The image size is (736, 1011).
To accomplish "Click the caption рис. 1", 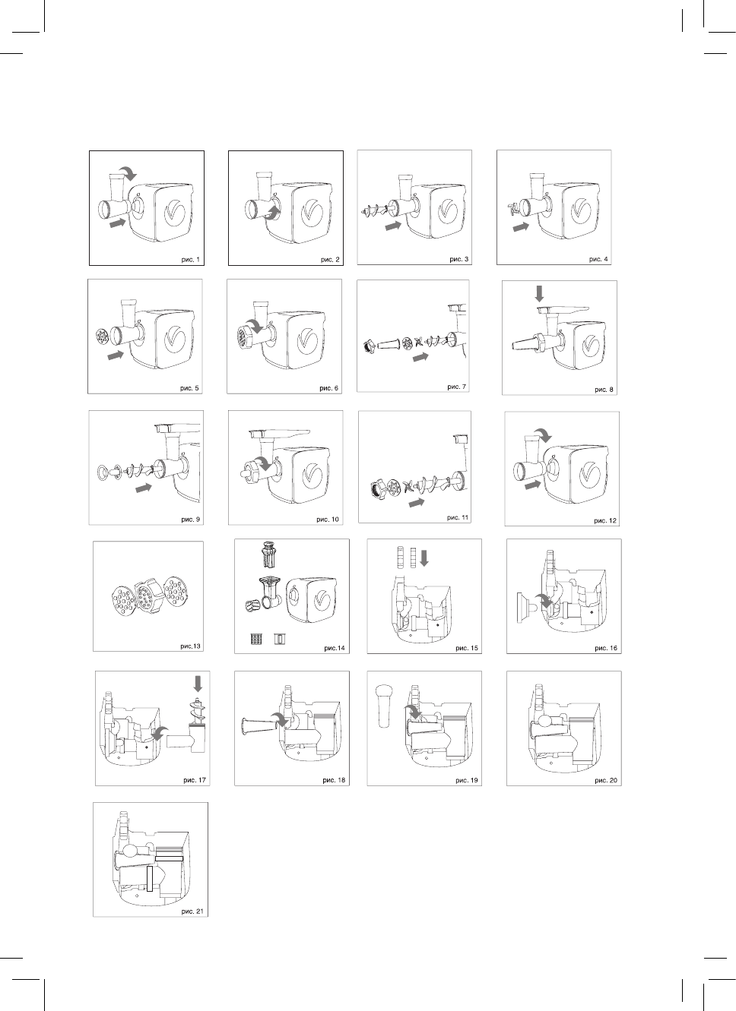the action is tap(191, 259).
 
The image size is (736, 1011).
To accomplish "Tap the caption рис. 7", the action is tap(456, 387).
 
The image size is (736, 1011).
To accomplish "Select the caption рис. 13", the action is tap(191, 646).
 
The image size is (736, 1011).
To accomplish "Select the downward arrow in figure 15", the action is tap(424, 558).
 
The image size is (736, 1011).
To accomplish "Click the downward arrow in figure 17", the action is tap(199, 684).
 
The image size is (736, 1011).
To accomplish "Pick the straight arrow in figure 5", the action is tap(116, 355).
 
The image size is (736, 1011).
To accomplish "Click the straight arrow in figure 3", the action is tap(392, 226).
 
